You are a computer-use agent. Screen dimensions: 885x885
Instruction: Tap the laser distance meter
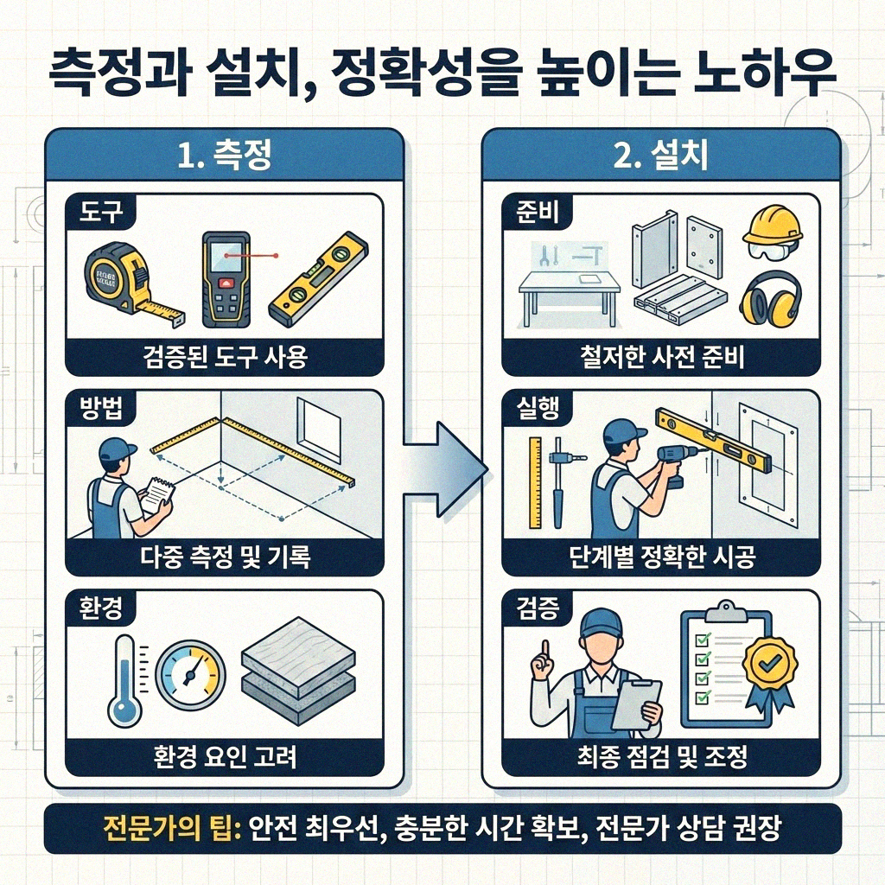[x=227, y=279]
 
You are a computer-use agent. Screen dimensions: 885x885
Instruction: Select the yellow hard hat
[x=772, y=226]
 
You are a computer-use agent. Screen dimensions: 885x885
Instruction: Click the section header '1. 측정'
[x=224, y=156]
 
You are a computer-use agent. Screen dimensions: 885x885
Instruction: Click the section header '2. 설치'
[x=660, y=156]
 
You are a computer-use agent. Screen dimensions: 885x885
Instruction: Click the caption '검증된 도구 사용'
[x=224, y=357]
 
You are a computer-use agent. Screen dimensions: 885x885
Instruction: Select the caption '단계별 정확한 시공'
[x=660, y=557]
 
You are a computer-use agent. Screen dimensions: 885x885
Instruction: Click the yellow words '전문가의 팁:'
[x=169, y=830]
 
